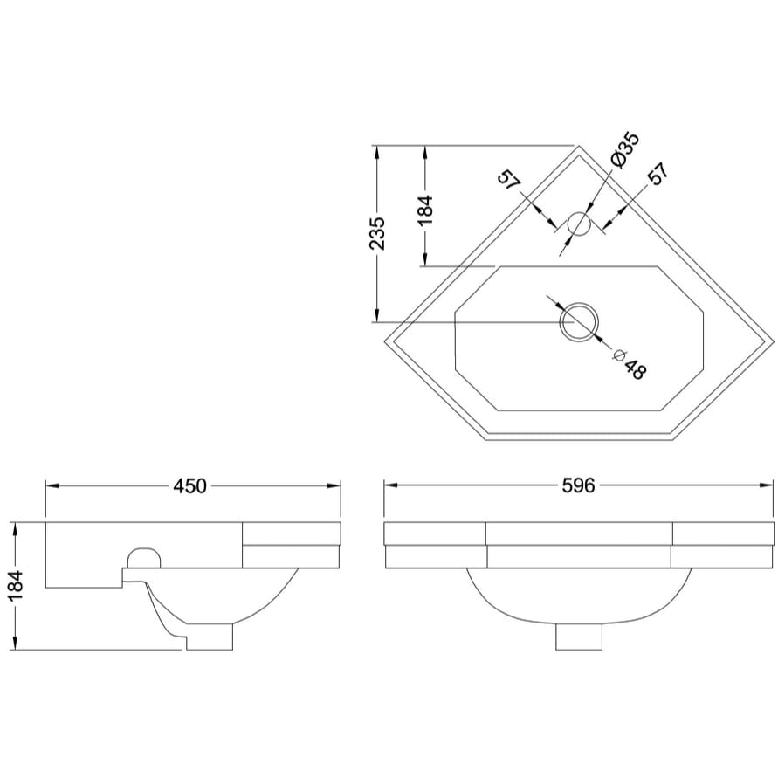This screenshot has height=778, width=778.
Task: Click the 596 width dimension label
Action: (577, 485)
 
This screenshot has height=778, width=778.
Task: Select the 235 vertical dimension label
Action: (376, 233)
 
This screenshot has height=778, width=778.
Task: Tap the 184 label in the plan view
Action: (425, 210)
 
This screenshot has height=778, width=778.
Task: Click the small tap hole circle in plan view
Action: (578, 224)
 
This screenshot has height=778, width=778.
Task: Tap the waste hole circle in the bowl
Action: (578, 322)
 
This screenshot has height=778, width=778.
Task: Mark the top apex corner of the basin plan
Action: (578, 146)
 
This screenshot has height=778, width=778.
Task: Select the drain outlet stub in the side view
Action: (210, 637)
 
